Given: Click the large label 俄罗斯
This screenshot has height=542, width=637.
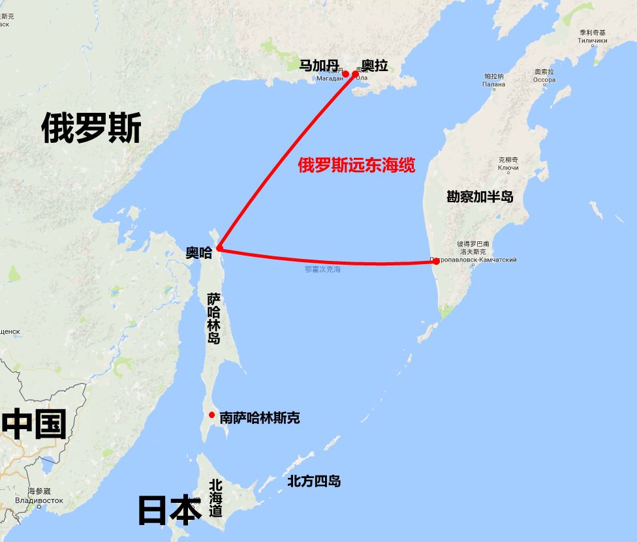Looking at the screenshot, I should (91, 128).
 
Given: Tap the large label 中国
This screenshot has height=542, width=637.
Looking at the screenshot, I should (34, 424).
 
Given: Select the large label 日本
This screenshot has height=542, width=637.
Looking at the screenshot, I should (169, 510).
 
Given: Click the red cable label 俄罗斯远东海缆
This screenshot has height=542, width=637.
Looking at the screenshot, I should (356, 166).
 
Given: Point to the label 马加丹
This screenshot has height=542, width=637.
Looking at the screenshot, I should (319, 65).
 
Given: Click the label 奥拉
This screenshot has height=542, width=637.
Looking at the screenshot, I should (375, 65).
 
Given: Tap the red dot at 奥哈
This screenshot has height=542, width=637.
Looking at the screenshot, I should (220, 248).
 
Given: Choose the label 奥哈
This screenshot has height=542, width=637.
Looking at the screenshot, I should (198, 253).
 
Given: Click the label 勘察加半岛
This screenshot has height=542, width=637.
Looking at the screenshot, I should (480, 196).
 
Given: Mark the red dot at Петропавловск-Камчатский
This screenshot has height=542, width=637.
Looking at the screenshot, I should (436, 261).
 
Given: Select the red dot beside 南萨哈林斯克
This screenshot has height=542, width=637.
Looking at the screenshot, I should (211, 415).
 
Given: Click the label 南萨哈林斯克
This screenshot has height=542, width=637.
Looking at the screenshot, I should (260, 418).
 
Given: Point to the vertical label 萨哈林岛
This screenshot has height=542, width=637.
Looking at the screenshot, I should (214, 318).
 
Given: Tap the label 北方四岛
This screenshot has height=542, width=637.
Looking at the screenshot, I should (314, 481).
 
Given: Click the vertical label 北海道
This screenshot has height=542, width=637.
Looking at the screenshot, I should (216, 499).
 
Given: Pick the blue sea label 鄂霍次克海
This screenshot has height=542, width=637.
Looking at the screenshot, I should (322, 269).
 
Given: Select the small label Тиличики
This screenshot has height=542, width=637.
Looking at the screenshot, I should (592, 40).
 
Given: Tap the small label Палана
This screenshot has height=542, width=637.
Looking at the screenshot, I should (493, 84).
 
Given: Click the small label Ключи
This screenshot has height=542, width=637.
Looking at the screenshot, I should (508, 168).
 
